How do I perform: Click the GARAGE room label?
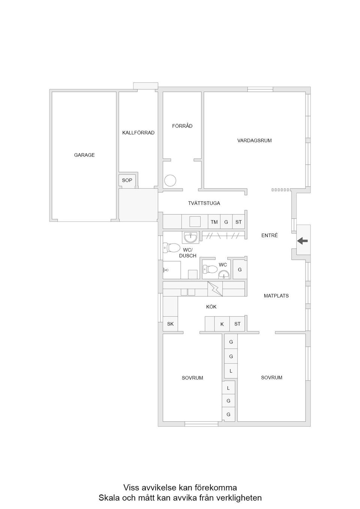84,155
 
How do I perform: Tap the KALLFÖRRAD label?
138,133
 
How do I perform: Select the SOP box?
127,180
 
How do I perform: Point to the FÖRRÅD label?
182,126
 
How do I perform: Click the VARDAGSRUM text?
254,141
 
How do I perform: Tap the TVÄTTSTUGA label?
204,203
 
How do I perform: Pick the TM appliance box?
214,222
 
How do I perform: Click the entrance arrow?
302,241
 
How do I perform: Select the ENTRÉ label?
270,235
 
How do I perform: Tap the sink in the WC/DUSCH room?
191,237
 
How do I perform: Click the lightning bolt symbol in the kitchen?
215,289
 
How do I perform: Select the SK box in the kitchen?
170,324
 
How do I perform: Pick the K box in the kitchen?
222,324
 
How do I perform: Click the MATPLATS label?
276,296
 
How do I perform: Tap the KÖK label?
211,307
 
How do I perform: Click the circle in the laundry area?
170,181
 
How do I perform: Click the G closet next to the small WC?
240,269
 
